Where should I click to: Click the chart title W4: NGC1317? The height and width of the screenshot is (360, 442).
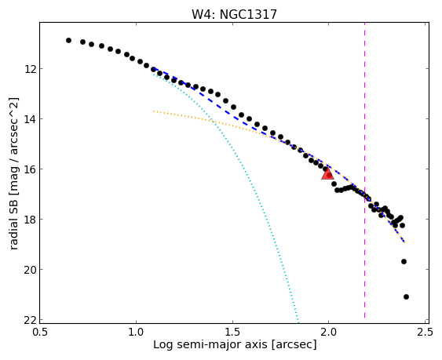(x=234, y=14)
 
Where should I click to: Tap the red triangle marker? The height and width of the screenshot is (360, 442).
(x=328, y=174)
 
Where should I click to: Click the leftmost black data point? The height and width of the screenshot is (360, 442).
(x=68, y=40)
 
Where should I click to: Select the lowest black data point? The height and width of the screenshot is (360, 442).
(x=406, y=296)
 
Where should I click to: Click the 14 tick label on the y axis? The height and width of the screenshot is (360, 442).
(x=30, y=119)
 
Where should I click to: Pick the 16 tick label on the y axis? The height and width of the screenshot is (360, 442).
(x=30, y=169)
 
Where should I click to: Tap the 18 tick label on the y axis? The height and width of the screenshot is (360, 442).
(x=30, y=219)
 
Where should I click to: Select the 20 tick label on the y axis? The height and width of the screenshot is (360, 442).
(x=30, y=270)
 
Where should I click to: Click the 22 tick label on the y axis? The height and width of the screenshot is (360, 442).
(x=30, y=320)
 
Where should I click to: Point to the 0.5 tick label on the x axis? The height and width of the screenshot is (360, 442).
(x=40, y=332)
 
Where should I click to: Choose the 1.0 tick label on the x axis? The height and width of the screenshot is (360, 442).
(x=136, y=332)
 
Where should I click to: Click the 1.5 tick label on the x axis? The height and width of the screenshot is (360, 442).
(x=232, y=332)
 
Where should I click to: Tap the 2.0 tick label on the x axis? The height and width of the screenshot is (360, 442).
(x=329, y=332)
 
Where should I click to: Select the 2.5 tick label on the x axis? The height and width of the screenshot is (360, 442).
(x=425, y=332)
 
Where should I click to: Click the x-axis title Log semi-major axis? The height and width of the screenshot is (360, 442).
(x=210, y=345)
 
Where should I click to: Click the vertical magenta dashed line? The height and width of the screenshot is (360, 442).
(x=364, y=173)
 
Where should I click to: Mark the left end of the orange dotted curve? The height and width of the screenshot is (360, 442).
(x=154, y=111)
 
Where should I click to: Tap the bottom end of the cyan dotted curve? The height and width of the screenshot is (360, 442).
(x=298, y=322)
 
